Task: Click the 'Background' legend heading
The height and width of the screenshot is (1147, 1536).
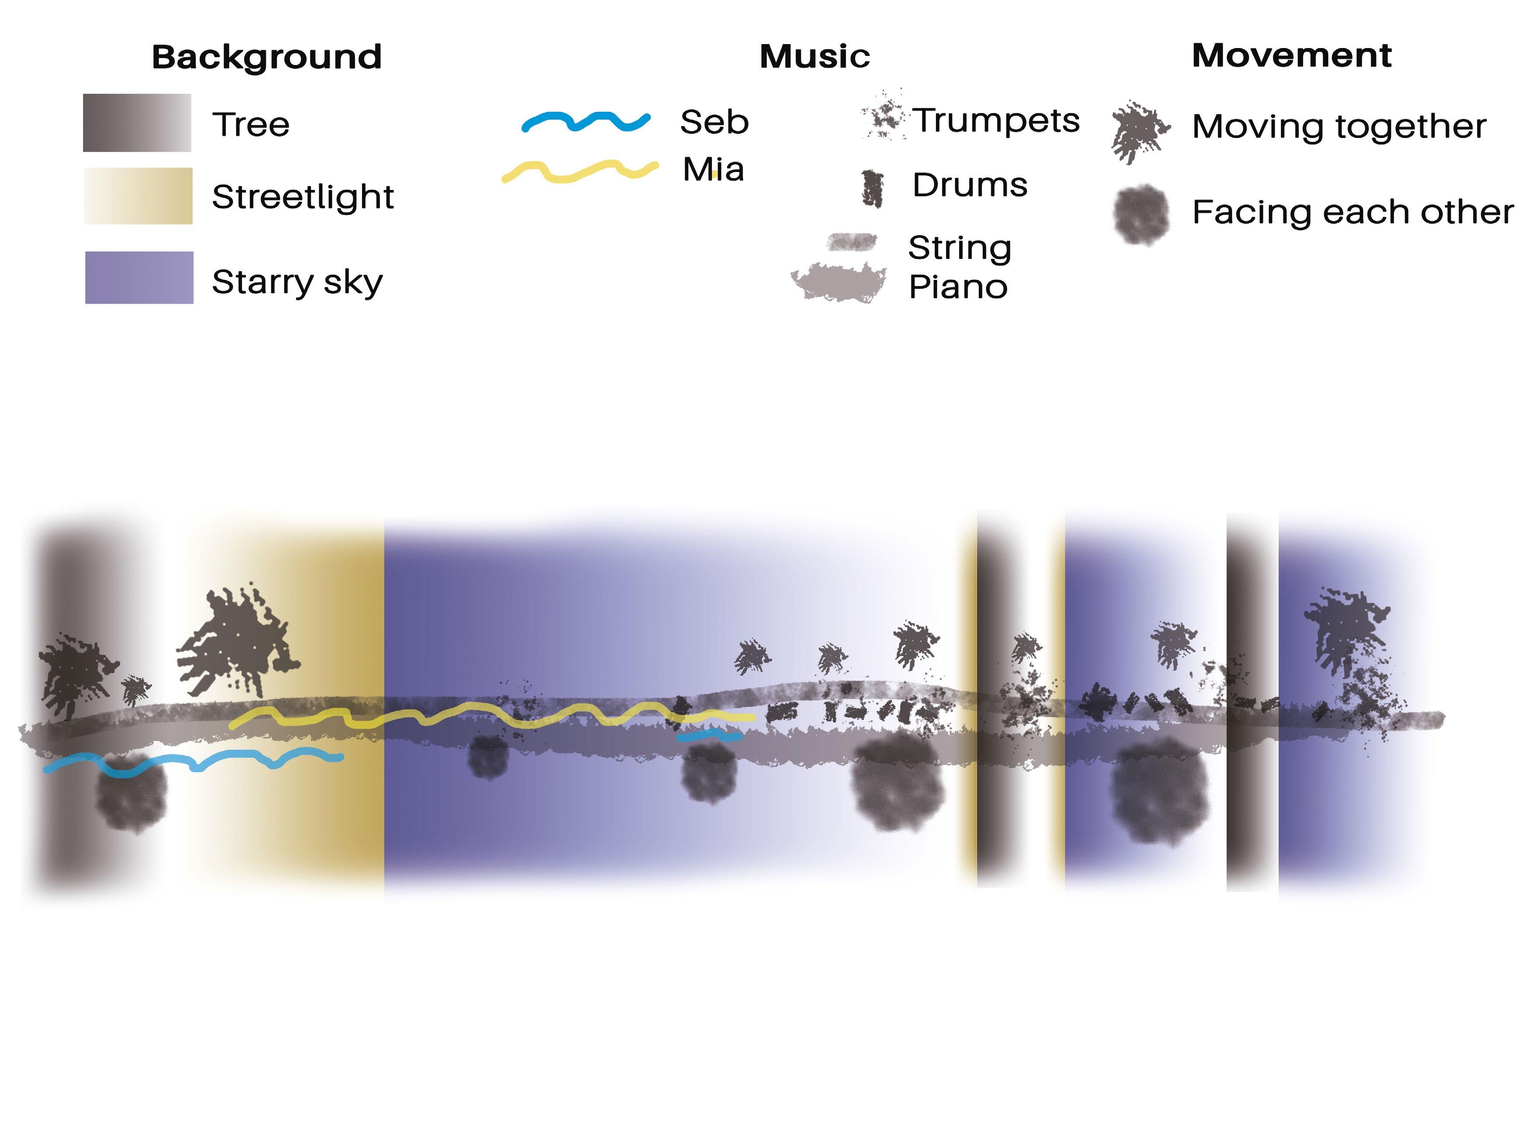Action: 267,57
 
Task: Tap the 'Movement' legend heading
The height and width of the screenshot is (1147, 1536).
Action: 1291,55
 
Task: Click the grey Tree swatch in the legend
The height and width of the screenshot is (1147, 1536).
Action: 137,123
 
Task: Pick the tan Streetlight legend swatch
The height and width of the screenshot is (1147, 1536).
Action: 138,196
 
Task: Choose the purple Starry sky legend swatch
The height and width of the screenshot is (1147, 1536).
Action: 139,278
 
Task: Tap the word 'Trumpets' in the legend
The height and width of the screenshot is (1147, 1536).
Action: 996,121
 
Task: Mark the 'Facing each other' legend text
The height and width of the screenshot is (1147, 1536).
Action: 1352,213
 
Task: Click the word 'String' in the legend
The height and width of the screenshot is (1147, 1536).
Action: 960,248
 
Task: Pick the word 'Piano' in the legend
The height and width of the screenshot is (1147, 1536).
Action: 958,287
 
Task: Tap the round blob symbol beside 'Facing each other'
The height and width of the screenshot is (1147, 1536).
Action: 1140,214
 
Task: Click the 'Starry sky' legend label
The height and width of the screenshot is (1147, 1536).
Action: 297,282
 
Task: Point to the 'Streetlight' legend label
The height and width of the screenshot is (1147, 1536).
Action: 303,197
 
